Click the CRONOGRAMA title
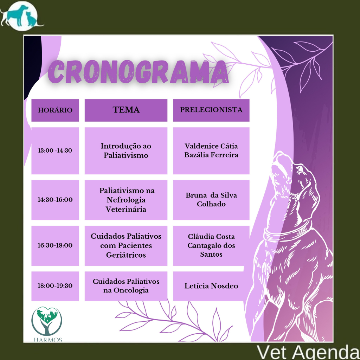point(138,72)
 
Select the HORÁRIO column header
point(55,110)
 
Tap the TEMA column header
point(126,110)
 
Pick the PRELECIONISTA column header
point(211,110)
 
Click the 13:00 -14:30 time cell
point(55,150)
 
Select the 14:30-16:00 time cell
point(55,200)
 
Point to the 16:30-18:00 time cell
point(55,245)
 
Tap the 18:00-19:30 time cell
point(55,286)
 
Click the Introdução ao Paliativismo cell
point(126,150)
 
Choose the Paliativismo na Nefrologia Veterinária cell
point(126,200)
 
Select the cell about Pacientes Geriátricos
point(126,245)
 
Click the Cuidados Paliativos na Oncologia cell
point(126,286)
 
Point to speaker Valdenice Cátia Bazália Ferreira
point(211,150)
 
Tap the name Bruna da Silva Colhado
point(211,200)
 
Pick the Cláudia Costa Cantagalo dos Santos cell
point(211,245)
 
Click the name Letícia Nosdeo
point(211,286)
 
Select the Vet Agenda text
point(308,352)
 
